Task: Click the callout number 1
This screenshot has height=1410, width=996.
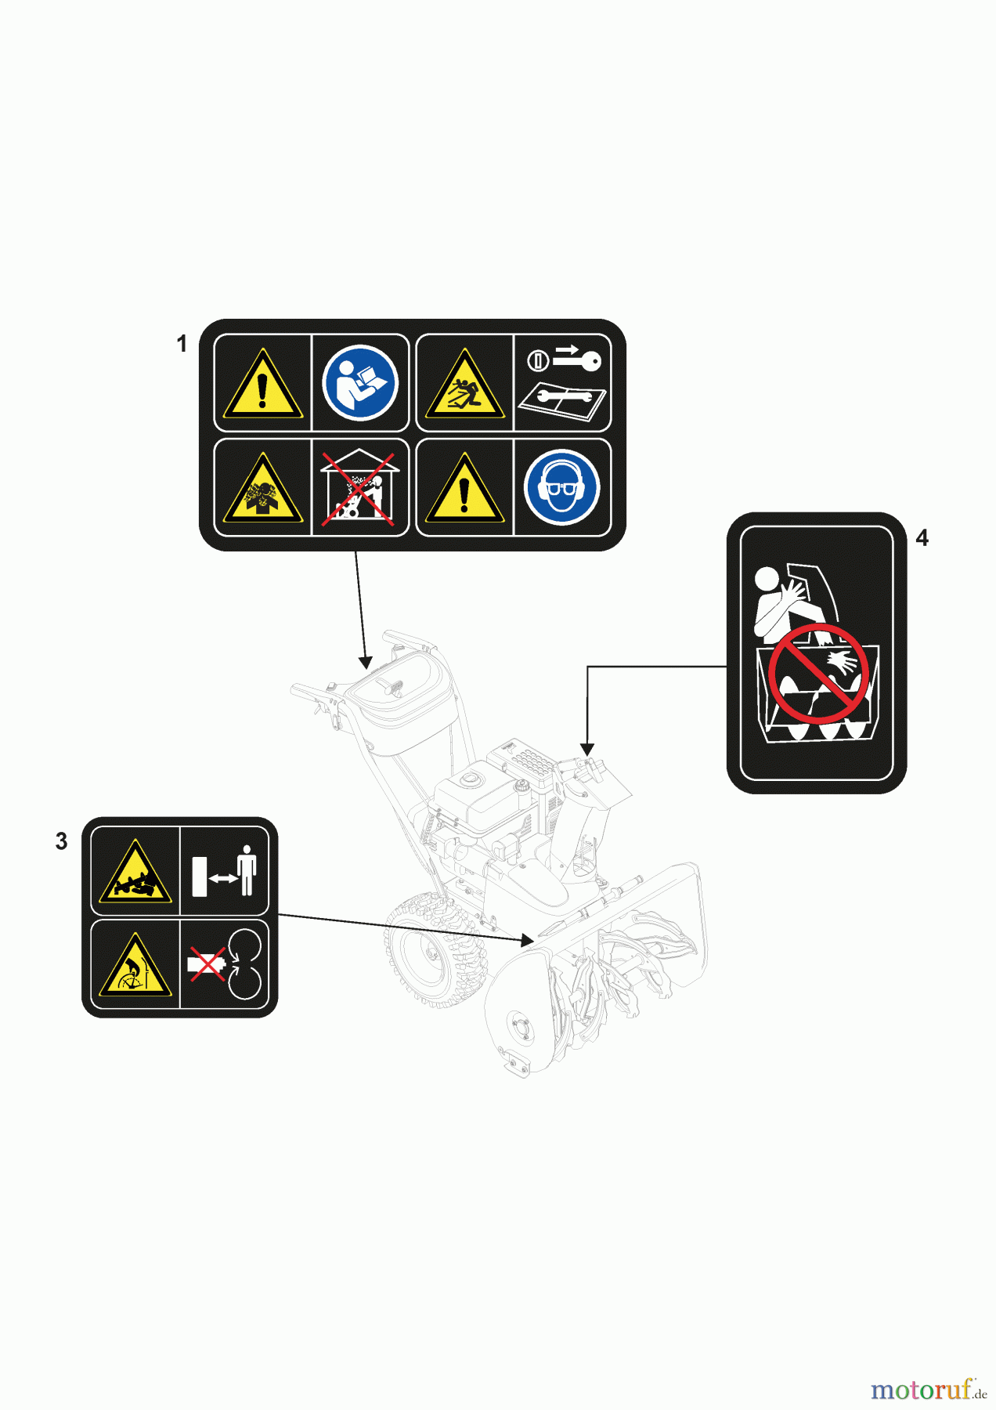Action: (x=182, y=344)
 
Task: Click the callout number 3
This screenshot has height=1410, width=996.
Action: (x=62, y=841)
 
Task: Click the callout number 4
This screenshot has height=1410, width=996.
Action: (x=922, y=538)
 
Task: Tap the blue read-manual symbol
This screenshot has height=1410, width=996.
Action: (x=360, y=383)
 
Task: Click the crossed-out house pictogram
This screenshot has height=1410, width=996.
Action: (x=360, y=487)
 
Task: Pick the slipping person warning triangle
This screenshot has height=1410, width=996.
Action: (x=465, y=385)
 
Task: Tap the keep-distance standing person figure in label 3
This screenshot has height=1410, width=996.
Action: (x=247, y=870)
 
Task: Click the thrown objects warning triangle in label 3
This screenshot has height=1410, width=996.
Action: (x=135, y=873)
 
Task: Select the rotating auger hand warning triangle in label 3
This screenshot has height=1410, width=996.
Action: (x=135, y=965)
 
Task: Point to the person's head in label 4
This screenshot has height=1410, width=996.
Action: (x=767, y=580)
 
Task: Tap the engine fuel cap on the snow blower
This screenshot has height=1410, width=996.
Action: (x=471, y=779)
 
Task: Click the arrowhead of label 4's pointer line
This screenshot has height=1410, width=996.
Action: (x=587, y=750)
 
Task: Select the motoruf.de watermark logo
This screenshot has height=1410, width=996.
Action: (x=929, y=1390)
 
